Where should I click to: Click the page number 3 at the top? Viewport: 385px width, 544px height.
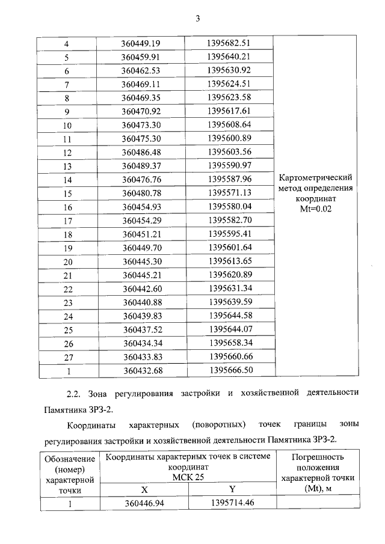[x=197, y=19]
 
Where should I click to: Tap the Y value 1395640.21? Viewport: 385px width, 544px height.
[x=227, y=58]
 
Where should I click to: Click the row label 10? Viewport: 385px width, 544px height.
[x=67, y=126]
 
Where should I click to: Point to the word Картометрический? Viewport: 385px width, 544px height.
[x=316, y=177]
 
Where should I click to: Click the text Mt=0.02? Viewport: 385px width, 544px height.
[x=316, y=209]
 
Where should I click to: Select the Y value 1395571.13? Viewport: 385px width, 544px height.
[x=227, y=193]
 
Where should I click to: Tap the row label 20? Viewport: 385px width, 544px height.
[x=67, y=261]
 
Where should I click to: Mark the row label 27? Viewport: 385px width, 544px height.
[x=67, y=356]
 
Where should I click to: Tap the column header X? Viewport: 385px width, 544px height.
[x=144, y=489]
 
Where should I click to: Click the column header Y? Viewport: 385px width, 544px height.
[x=232, y=489]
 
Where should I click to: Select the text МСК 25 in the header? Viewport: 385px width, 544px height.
[x=188, y=477]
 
